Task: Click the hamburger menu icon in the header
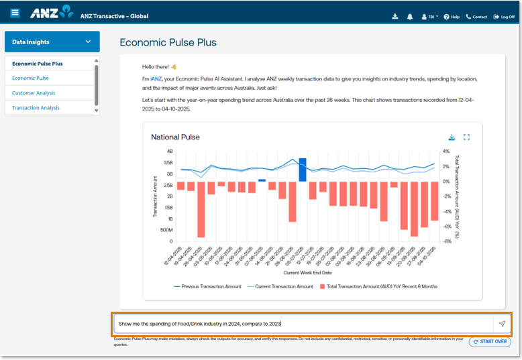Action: tap(15, 13)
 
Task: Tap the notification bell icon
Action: tap(410, 17)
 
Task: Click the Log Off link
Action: tap(504, 17)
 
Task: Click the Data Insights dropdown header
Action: tap(52, 42)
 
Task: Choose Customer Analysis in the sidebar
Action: tap(34, 93)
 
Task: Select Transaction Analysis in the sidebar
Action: tap(36, 108)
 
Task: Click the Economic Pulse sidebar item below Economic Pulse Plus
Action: tap(30, 78)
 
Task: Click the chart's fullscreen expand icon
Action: tap(467, 137)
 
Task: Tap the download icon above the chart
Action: tap(452, 137)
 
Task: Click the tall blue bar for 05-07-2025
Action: tap(303, 170)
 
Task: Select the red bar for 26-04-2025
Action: tap(201, 209)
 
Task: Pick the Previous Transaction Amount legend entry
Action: tap(207, 286)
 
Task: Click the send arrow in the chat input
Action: tap(501, 324)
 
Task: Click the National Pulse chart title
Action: tap(175, 137)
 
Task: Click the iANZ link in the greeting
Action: tap(156, 78)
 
